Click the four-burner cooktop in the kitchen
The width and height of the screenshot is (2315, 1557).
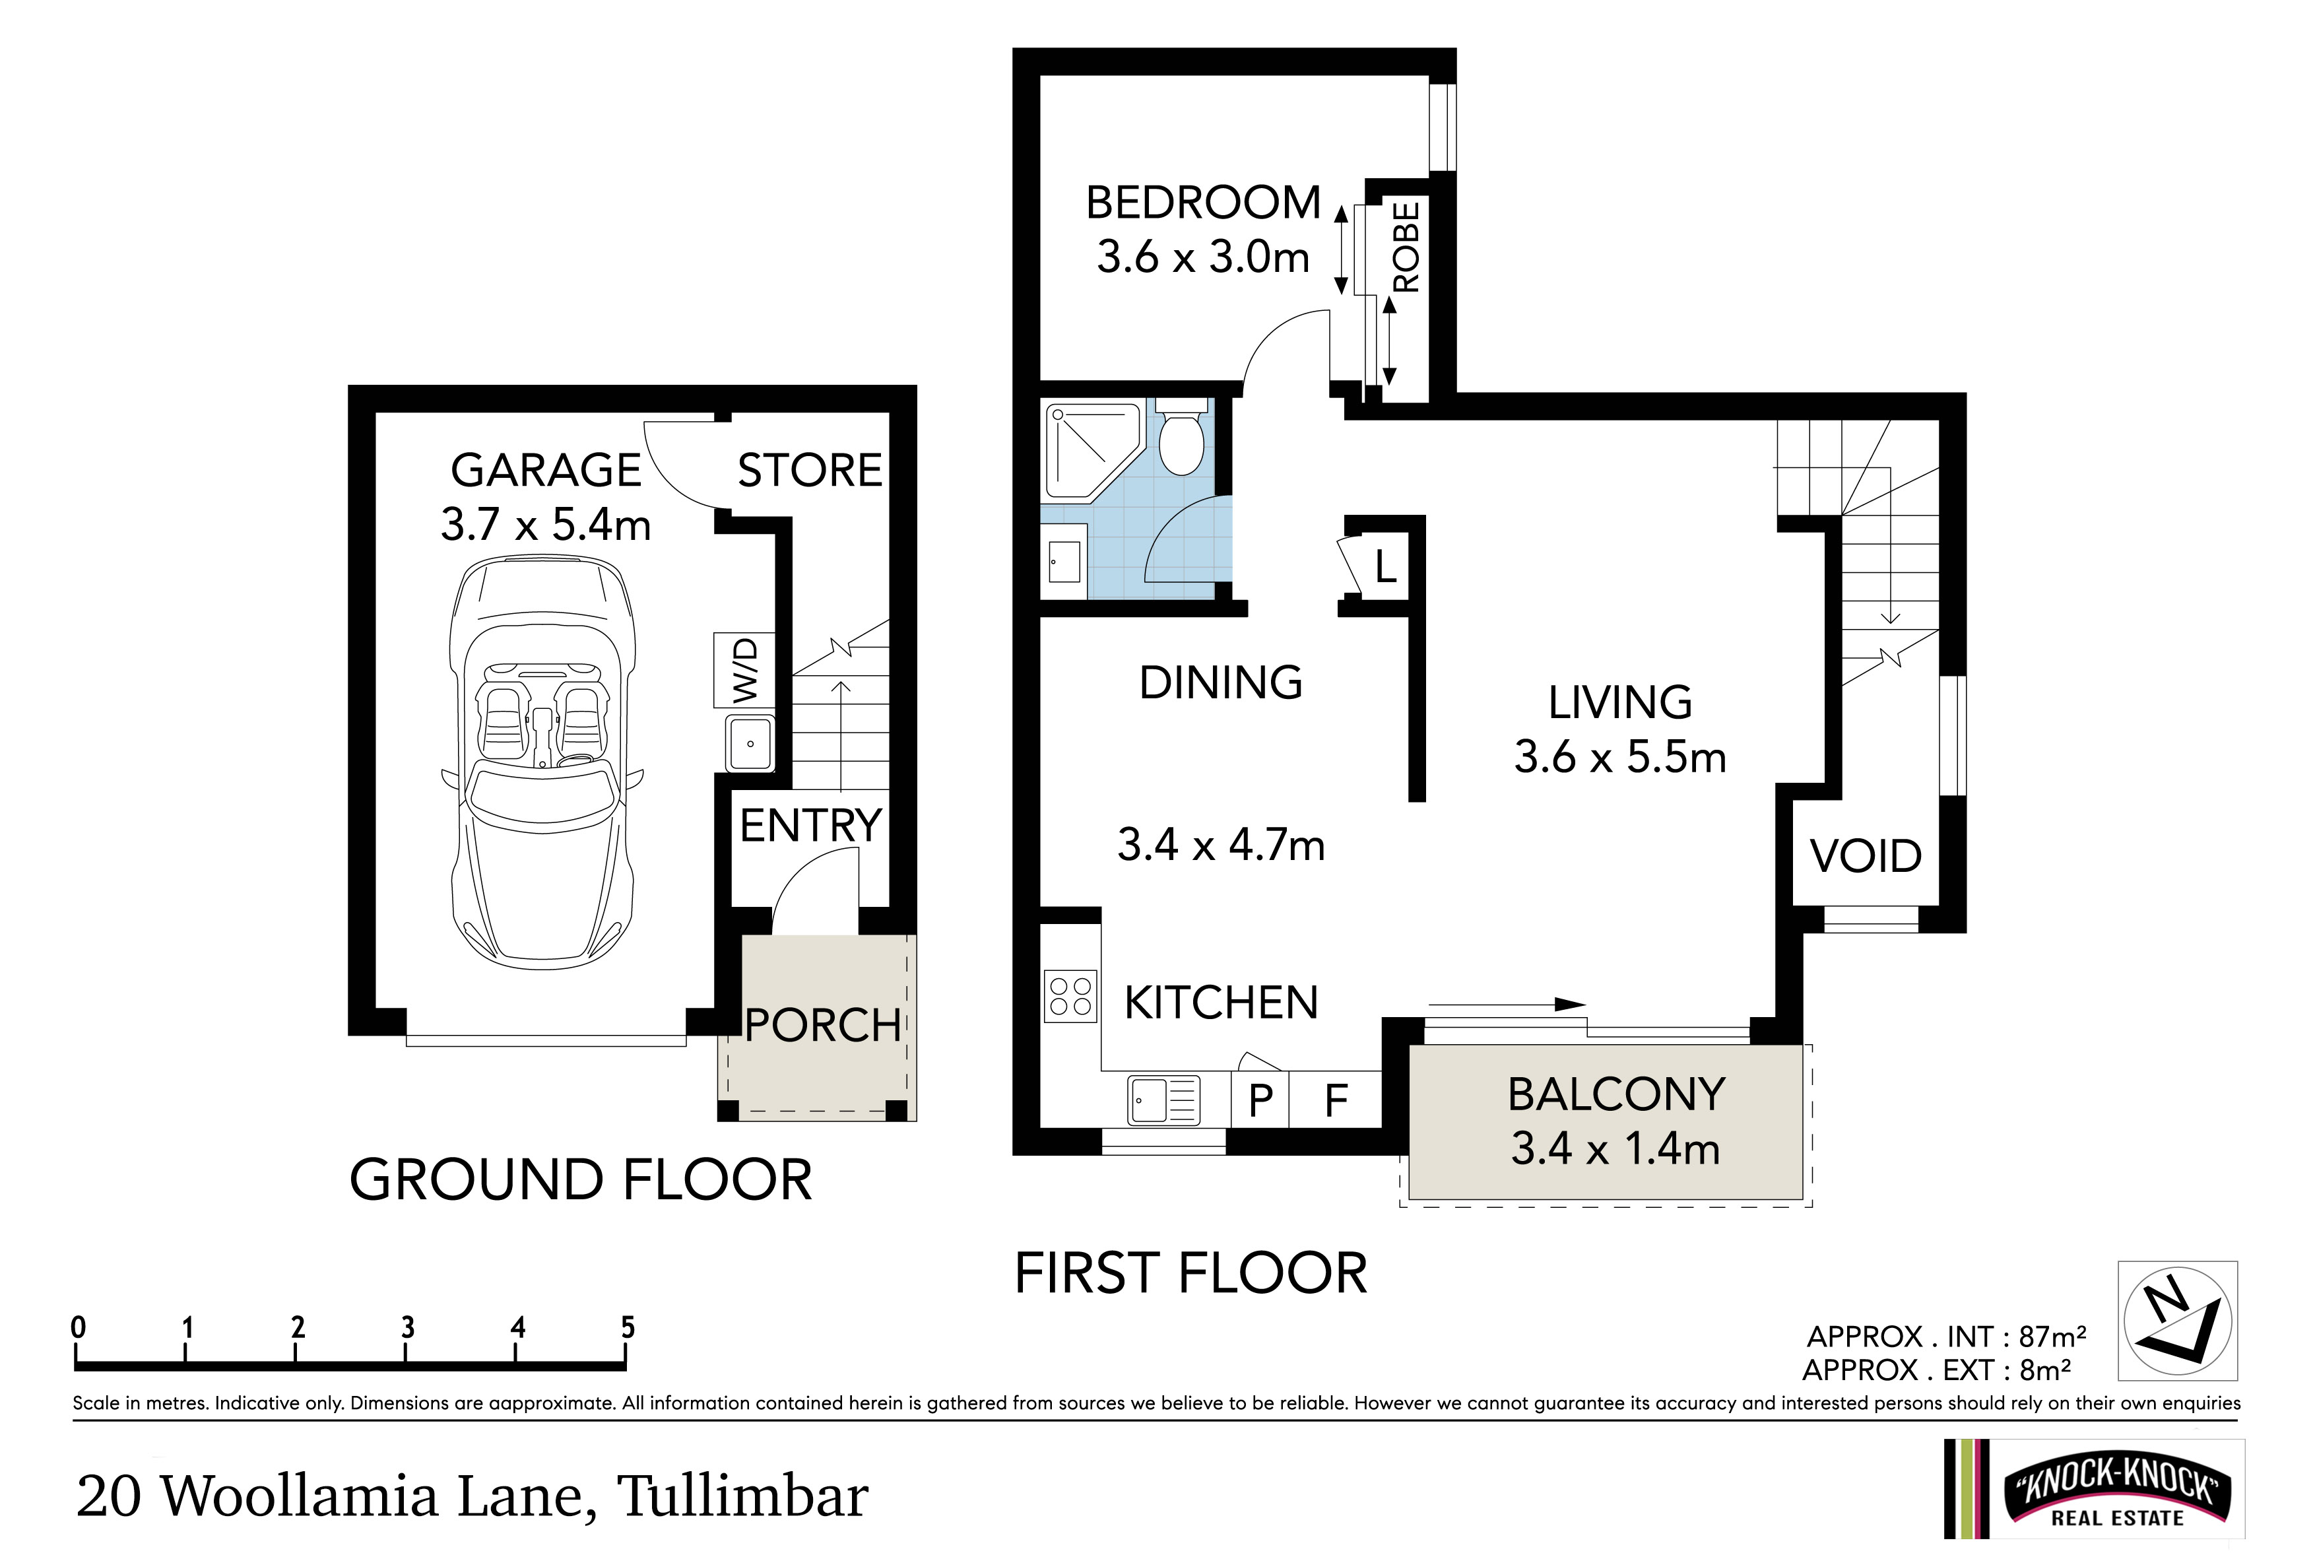pyautogui.click(x=1070, y=996)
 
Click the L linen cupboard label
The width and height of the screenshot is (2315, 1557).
pyautogui.click(x=1386, y=567)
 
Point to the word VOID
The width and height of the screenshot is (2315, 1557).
pyautogui.click(x=1866, y=856)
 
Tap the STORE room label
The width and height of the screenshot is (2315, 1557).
pyautogui.click(x=810, y=470)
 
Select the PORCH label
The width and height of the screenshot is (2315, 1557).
pyautogui.click(x=823, y=1025)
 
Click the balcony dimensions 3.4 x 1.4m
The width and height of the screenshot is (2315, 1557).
pyautogui.click(x=1615, y=1149)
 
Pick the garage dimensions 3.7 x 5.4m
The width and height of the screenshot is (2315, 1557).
pyautogui.click(x=546, y=524)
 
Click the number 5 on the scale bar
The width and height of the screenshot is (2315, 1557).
pyautogui.click(x=628, y=1327)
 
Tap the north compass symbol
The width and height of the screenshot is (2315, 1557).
pyautogui.click(x=2178, y=1321)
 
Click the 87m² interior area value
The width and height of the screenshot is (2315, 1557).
pyautogui.click(x=2052, y=1337)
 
